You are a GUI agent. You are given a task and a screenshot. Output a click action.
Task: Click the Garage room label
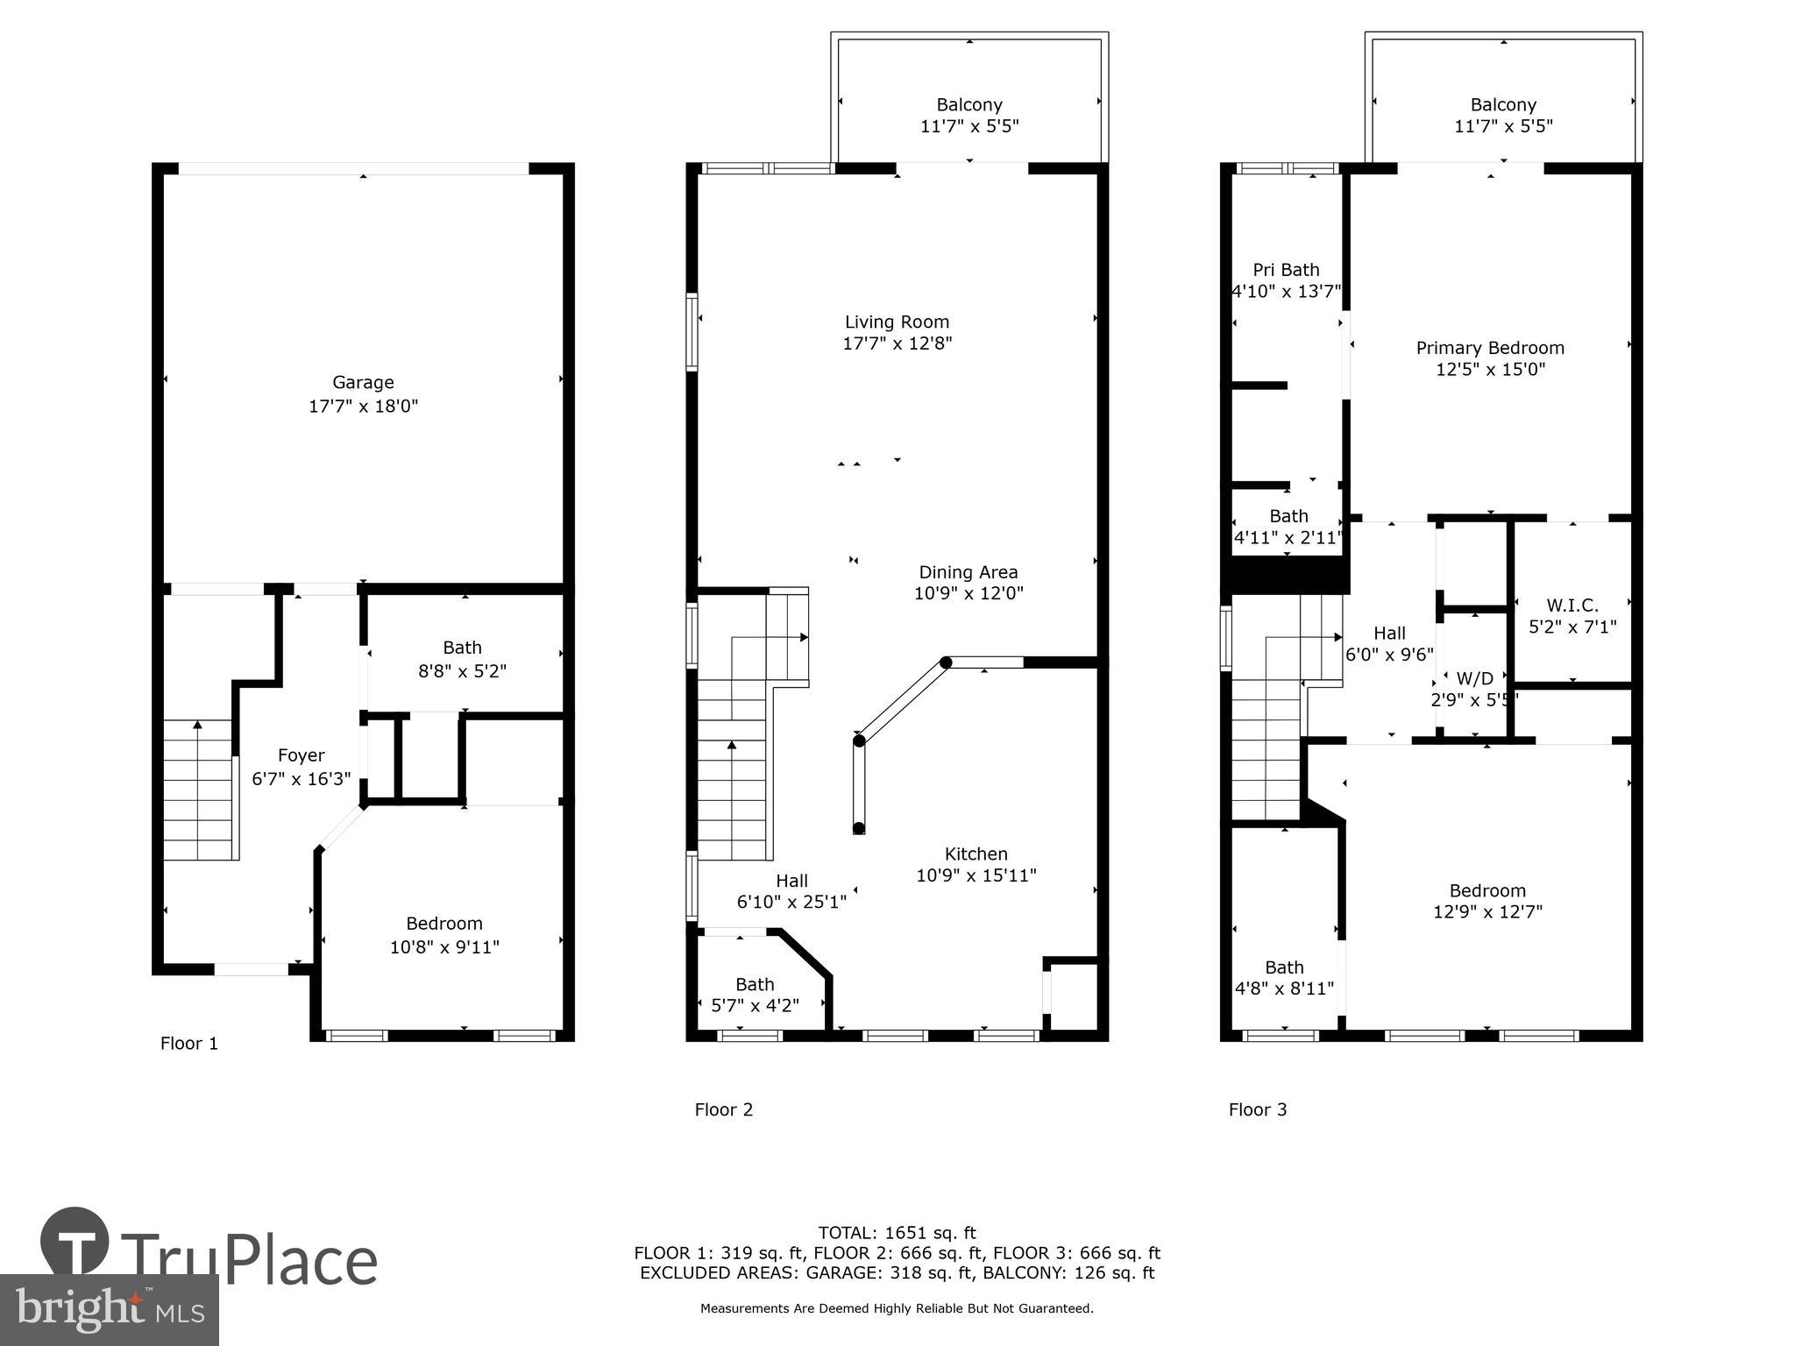tap(363, 383)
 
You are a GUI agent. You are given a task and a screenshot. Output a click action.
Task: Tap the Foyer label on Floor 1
tap(301, 755)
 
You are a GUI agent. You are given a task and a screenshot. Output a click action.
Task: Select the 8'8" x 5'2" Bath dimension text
tap(462, 671)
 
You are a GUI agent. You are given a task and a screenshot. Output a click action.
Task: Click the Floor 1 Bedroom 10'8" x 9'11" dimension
tap(444, 946)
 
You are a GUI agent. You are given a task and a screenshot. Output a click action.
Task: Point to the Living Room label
tap(897, 322)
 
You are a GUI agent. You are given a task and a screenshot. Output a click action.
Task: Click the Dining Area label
tap(968, 572)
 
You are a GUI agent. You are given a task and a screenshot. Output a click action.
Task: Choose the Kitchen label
tap(976, 854)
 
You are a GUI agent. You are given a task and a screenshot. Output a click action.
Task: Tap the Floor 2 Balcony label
tap(968, 105)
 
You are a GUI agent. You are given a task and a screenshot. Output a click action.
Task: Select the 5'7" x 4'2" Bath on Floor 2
tap(755, 1005)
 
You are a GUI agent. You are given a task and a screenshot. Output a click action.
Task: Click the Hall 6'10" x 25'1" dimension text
tap(791, 902)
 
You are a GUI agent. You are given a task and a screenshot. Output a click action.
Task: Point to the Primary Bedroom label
tap(1490, 348)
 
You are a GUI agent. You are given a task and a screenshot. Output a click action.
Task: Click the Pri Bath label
tap(1286, 270)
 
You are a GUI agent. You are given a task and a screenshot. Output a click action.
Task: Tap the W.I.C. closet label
tap(1572, 606)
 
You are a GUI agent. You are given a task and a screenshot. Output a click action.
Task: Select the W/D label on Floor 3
tap(1474, 678)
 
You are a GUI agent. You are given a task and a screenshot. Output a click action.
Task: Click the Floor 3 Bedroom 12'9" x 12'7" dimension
tap(1487, 911)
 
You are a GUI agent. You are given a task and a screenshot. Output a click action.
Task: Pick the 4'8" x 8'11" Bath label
tap(1284, 967)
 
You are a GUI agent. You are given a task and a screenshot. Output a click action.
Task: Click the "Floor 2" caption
tap(723, 1109)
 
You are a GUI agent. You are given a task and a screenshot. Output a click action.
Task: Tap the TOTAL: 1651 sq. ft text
tap(897, 1233)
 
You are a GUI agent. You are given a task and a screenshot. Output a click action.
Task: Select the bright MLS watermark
tap(110, 1309)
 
